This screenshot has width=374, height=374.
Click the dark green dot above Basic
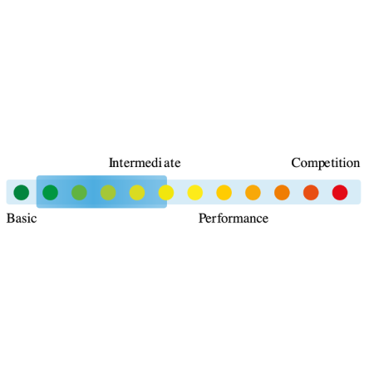pyautogui.click(x=22, y=192)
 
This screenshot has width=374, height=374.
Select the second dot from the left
pyautogui.click(x=50, y=192)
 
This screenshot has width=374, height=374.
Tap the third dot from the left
pyautogui.click(x=79, y=192)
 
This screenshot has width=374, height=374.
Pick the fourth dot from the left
pyautogui.click(x=108, y=192)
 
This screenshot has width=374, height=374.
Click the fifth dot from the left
pyautogui.click(x=137, y=192)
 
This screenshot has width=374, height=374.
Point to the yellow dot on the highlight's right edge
pyautogui.click(x=166, y=192)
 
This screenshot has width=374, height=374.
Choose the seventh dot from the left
pyautogui.click(x=195, y=192)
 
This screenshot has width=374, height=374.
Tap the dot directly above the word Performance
pyautogui.click(x=224, y=192)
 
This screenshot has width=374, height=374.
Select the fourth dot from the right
pyautogui.click(x=253, y=192)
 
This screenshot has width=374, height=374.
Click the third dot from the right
pyautogui.click(x=282, y=192)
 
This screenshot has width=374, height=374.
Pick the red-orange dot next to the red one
pyautogui.click(x=311, y=192)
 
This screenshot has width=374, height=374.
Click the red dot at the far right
pyautogui.click(x=340, y=192)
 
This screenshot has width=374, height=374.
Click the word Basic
pyautogui.click(x=22, y=219)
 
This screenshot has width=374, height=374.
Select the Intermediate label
pyautogui.click(x=145, y=163)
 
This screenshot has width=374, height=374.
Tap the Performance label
pyautogui.click(x=234, y=219)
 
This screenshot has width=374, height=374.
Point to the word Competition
pyautogui.click(x=326, y=163)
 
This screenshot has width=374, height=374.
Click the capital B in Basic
pyautogui.click(x=10, y=219)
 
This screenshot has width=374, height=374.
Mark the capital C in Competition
pyautogui.click(x=296, y=163)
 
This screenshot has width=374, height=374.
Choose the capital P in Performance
pyautogui.click(x=202, y=219)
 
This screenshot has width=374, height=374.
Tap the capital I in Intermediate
pyautogui.click(x=111, y=163)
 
